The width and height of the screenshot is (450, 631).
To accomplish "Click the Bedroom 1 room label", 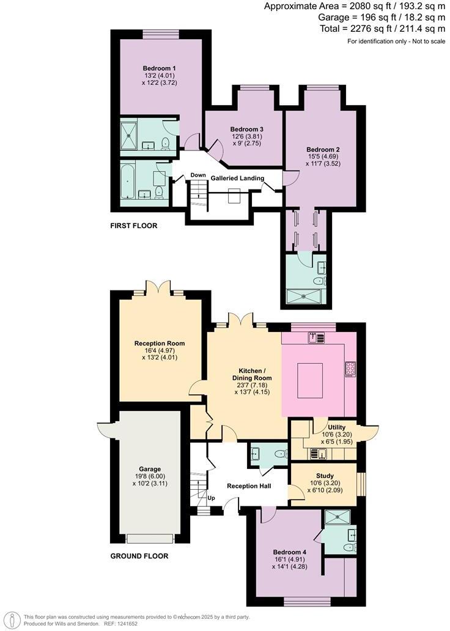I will pos(160,68).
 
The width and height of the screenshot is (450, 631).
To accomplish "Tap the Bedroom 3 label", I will pos(246,129).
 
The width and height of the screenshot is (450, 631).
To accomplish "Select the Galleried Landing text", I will pos(237,178).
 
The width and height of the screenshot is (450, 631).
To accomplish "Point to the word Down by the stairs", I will pos(197,175).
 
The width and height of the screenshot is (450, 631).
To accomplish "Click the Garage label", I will pos(149,469).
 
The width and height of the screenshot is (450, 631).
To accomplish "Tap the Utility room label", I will pos(337,427).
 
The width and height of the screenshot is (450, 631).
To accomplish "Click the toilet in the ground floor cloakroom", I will pos(279,454).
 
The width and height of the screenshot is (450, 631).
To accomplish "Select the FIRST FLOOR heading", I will pos(133,226).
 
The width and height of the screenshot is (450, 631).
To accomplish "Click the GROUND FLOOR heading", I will pos(139,556).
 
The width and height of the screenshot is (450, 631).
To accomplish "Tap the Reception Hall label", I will pos(248,486).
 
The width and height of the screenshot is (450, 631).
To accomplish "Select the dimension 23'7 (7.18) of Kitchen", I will pos(255,385).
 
